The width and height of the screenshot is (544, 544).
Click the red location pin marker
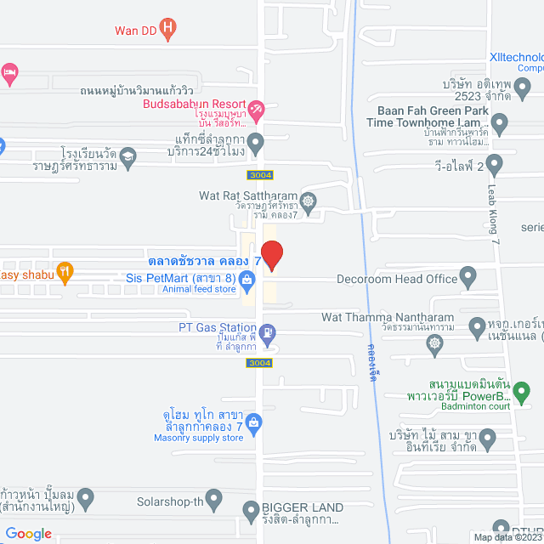click(271, 256)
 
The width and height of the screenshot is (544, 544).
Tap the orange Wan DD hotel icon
click(168, 30)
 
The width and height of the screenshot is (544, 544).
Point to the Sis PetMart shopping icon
click(246, 278)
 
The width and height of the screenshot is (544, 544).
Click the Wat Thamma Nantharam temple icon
click(435, 343)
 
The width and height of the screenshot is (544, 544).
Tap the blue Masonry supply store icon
click(252, 421)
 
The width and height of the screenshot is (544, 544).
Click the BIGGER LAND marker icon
click(251, 511)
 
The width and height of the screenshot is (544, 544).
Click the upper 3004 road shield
click(261, 175)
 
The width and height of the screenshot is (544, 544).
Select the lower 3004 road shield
click(259, 363)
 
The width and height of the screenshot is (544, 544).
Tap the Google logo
click(30, 534)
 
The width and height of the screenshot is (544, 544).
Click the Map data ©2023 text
click(507, 537)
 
